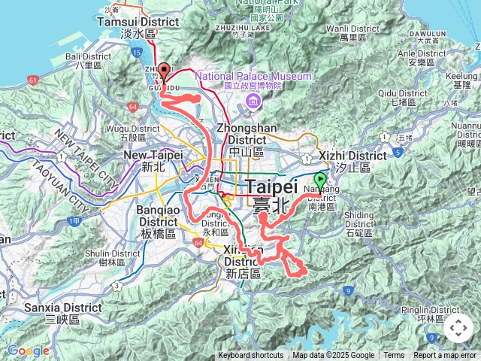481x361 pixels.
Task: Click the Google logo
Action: click(x=28, y=350)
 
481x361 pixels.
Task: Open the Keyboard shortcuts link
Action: click(x=251, y=356)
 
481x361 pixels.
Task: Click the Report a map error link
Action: click(x=445, y=356)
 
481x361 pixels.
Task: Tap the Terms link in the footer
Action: click(x=394, y=356)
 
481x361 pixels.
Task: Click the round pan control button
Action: click(x=458, y=328)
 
